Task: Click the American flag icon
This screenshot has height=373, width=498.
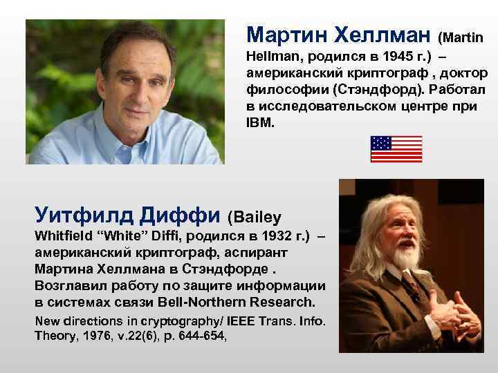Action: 396,149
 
